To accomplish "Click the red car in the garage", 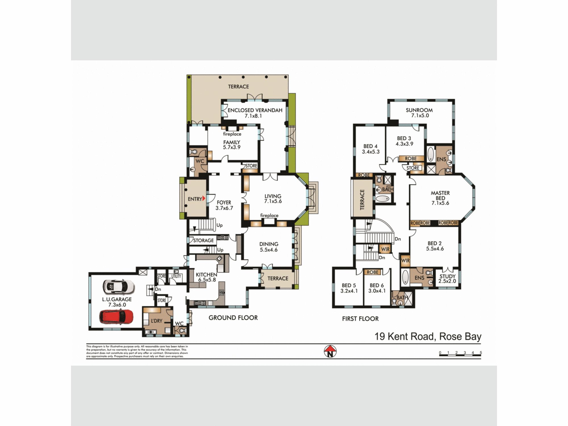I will tap(116, 316).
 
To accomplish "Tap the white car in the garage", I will tap(118, 287).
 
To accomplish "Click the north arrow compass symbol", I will tap(330, 351).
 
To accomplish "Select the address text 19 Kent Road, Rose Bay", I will tap(428, 337).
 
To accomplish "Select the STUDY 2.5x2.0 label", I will tap(447, 279).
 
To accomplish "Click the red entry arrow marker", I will tap(204, 198).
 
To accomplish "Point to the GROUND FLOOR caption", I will tap(233, 318).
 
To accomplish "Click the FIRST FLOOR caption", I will tap(360, 319).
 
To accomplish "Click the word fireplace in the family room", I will tap(232, 134).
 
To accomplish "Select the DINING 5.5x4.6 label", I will tap(269, 247).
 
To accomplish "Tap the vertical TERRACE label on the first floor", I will tap(362, 199).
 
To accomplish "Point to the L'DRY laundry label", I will tap(156, 321).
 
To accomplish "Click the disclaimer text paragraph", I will tap(137, 351).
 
